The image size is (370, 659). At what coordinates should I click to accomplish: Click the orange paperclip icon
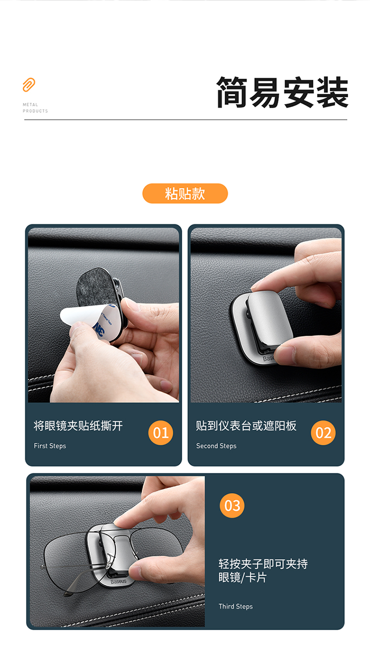[29, 85]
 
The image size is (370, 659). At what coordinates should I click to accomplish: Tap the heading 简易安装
[282, 92]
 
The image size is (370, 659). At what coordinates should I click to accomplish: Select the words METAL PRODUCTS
[36, 107]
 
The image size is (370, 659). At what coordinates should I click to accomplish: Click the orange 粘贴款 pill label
[185, 193]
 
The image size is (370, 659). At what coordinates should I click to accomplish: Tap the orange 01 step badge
[161, 432]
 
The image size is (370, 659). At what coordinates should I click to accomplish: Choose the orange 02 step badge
[323, 432]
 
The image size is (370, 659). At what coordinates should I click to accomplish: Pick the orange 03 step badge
[232, 505]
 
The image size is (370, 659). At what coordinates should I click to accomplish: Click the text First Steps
[50, 446]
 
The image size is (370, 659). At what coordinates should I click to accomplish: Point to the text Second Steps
[217, 446]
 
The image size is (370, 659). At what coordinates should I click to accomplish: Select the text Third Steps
[235, 606]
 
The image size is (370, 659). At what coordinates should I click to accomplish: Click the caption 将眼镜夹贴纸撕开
[78, 426]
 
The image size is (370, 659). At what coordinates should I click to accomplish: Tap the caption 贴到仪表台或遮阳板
[246, 426]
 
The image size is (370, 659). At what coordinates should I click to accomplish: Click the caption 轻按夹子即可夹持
[263, 564]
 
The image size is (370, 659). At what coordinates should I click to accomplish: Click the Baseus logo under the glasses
[118, 581]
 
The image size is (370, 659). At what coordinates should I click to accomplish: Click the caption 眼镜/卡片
[243, 578]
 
